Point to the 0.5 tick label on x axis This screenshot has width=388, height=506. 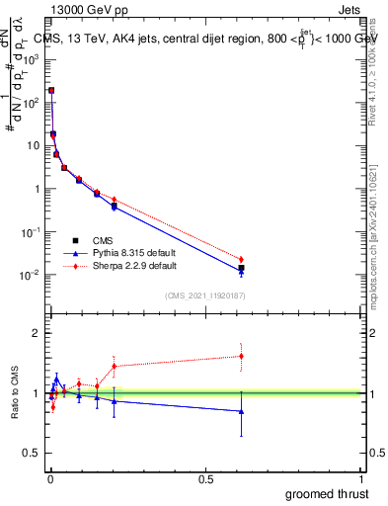[205, 479]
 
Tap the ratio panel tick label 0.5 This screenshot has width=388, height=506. [31, 454]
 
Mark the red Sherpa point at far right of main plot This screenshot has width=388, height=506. [241, 260]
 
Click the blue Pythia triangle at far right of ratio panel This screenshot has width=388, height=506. [241, 411]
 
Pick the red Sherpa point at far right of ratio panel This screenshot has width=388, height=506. [241, 356]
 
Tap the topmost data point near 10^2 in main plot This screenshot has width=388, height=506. [50, 90]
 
